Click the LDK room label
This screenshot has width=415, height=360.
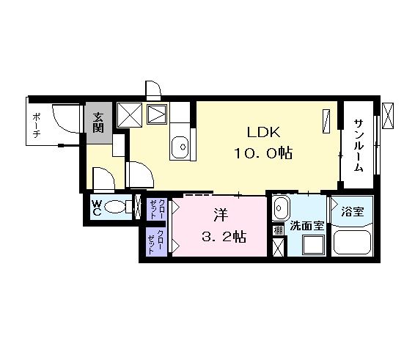tap(263, 132)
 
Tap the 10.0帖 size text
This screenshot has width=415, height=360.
tap(263, 153)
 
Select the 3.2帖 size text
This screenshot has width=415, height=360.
tap(224, 237)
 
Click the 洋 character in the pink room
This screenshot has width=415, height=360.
tap(221, 215)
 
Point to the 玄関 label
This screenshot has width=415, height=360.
tap(98, 122)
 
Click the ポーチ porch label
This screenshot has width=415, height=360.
tap(36, 125)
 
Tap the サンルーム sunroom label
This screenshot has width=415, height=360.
tap(359, 145)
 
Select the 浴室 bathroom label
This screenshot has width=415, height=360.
tap(352, 211)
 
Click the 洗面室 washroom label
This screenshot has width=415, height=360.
tap(307, 226)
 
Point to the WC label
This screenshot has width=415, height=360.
tap(97, 208)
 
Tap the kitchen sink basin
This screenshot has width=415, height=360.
tap(180, 147)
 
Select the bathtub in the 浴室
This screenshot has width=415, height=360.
tap(353, 243)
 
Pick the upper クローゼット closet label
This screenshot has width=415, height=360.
tap(156, 209)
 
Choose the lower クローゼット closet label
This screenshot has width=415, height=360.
tap(156, 242)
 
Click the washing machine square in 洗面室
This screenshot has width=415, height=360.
tap(314, 244)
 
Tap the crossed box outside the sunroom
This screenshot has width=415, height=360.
tap(388, 116)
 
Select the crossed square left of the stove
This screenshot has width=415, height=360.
tap(130, 114)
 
